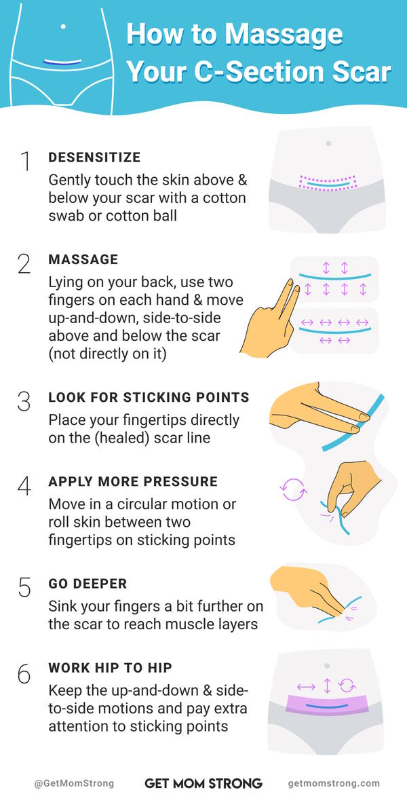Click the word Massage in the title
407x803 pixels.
(284, 35)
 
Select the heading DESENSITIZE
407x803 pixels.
(94, 157)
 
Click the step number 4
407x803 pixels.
(24, 486)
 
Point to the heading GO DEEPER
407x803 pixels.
(88, 584)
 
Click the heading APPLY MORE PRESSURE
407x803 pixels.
(133, 481)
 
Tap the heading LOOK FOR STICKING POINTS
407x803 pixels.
(149, 397)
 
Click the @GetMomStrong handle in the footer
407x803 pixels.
(74, 783)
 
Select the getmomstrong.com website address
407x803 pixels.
(334, 783)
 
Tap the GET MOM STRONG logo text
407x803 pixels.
(203, 783)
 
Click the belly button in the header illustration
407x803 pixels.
(63, 26)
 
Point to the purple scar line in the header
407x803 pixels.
(62, 62)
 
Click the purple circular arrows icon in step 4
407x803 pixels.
(293, 489)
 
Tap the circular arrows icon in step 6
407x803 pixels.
(347, 686)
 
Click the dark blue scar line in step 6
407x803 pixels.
(327, 707)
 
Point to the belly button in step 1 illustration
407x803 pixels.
(328, 143)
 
